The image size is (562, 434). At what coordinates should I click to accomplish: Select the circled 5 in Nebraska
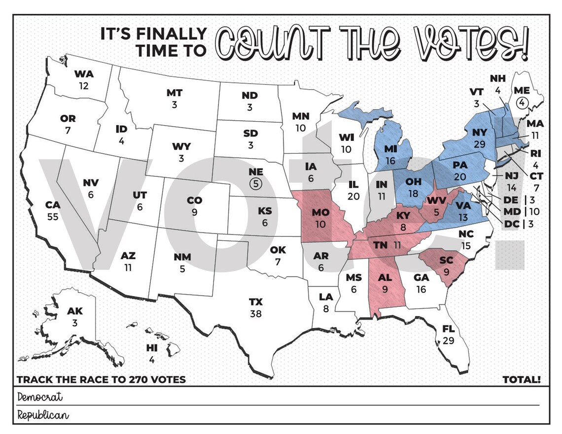coord(256,183)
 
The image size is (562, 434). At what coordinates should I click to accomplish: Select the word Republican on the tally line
coord(43,415)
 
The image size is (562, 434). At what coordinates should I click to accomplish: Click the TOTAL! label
coord(522,380)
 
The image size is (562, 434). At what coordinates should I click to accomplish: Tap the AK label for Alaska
coord(75,311)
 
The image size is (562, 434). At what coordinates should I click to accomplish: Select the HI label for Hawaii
coord(152,348)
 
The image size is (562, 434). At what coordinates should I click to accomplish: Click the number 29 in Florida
coord(448,340)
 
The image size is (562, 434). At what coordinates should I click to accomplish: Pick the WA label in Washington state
coord(84,74)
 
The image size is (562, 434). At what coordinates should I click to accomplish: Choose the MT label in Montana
coord(174,93)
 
